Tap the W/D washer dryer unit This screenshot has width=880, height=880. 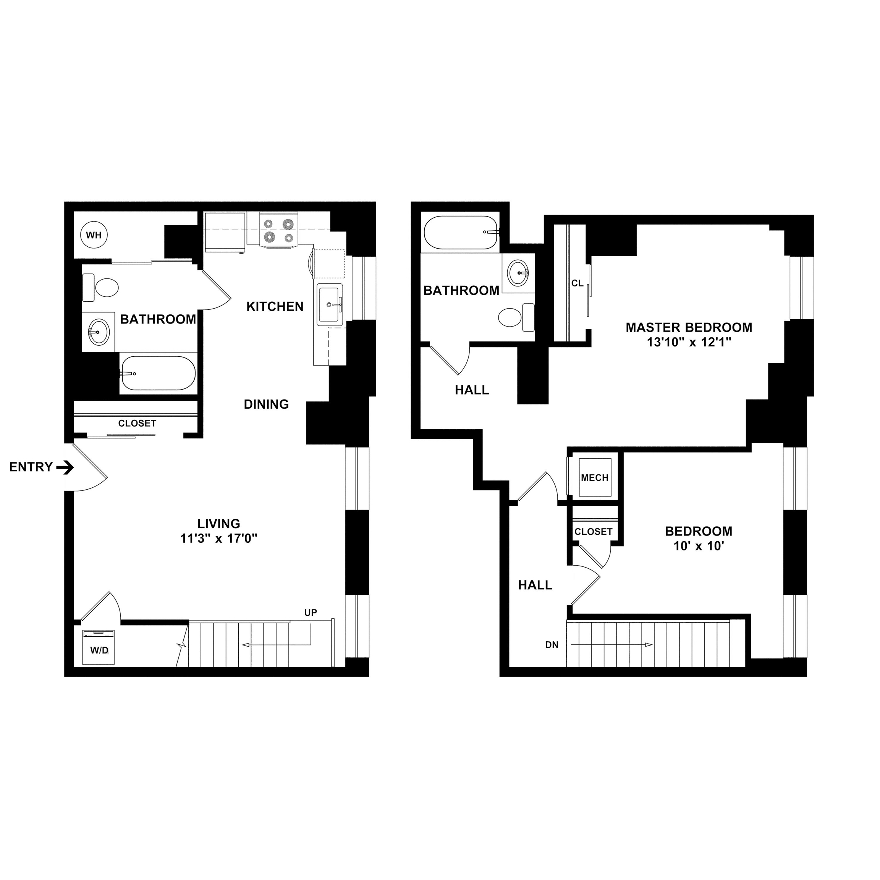point(99,647)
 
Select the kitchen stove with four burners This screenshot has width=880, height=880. point(279,230)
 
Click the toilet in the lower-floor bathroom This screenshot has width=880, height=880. point(101,287)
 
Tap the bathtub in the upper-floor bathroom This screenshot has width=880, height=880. point(461,232)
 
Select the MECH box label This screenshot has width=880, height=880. point(594,478)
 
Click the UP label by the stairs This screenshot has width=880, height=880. point(311,613)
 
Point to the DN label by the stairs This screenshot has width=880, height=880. point(552,645)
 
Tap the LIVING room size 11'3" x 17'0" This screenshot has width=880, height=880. point(218,539)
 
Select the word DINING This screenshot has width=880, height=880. point(267,404)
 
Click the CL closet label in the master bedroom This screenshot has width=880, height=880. point(577,283)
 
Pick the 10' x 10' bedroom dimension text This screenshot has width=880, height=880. point(699,546)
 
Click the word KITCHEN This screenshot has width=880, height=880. point(275,307)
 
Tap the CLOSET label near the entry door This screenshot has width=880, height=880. point(137,423)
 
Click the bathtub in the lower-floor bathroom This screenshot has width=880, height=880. point(158,373)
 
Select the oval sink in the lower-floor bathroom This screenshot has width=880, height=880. point(99,332)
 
